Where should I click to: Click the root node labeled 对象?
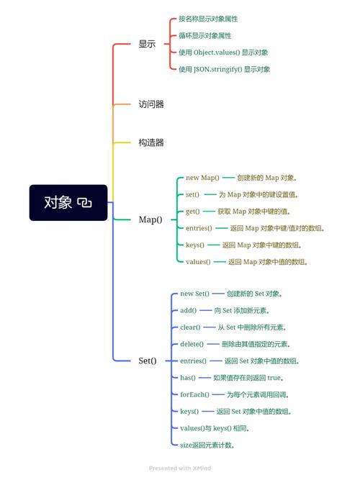58,202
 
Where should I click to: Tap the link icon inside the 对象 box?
84,203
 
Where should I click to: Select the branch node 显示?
147,44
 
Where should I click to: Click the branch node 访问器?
151,104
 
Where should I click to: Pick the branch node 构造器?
151,142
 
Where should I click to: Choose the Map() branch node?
150,219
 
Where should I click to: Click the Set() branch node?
148,361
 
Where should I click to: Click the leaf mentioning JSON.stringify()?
224,69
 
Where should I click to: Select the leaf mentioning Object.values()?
223,53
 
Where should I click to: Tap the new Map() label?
202,178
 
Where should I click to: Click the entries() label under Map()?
199,228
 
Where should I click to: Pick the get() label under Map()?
192,212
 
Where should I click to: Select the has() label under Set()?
187,377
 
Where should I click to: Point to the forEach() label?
194,394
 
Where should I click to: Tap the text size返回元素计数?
207,445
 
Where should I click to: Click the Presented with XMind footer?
179,468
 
